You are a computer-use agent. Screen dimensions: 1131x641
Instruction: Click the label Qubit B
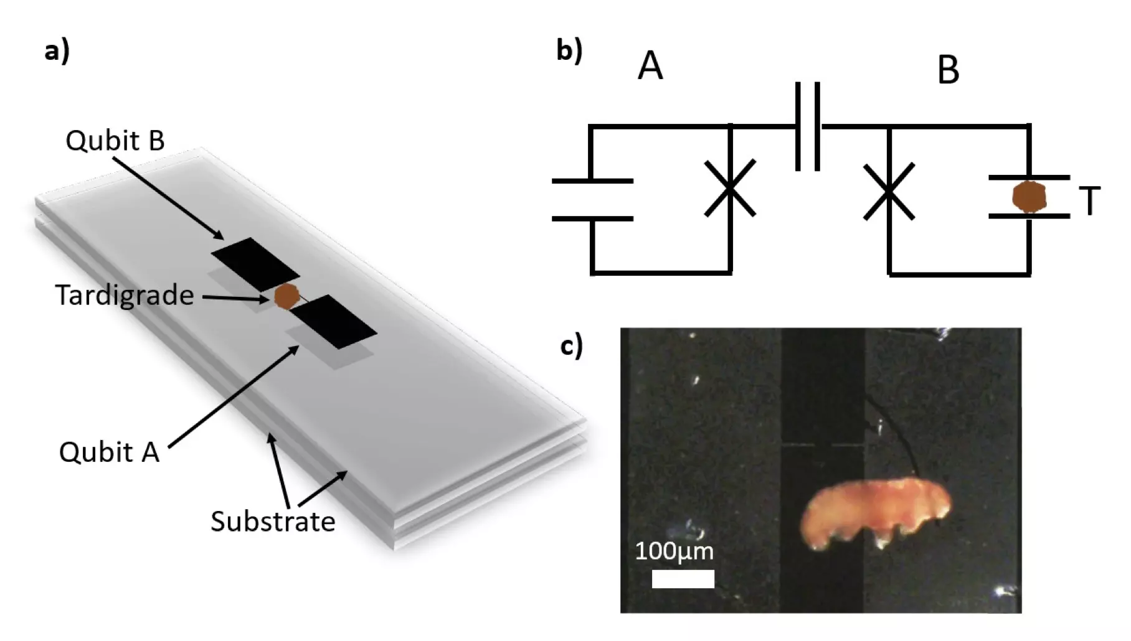115,141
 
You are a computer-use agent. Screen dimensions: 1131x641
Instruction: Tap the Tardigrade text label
125,295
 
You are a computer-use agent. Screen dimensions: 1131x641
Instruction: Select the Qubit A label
109,452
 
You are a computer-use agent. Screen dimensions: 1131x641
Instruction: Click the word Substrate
273,522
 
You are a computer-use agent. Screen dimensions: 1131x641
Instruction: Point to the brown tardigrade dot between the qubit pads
287,296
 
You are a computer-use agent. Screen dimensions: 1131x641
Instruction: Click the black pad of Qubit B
255,264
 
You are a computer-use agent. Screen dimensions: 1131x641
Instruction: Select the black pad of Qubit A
334,322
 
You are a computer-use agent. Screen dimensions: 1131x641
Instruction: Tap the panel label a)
57,50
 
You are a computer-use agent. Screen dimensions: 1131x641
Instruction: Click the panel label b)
569,50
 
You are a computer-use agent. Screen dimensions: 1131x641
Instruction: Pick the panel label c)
571,345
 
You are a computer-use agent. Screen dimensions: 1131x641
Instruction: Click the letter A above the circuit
650,66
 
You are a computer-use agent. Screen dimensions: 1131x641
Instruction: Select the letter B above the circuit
948,70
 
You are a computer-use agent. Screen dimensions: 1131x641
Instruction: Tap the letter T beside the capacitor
1090,201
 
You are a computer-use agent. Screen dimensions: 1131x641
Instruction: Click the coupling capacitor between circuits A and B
808,126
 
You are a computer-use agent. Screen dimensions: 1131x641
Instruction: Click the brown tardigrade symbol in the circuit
1029,197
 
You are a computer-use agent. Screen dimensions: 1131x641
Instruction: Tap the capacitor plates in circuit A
592,200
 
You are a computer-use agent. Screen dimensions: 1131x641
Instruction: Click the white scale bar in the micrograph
683,579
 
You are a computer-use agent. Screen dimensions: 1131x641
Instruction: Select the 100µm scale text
674,551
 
